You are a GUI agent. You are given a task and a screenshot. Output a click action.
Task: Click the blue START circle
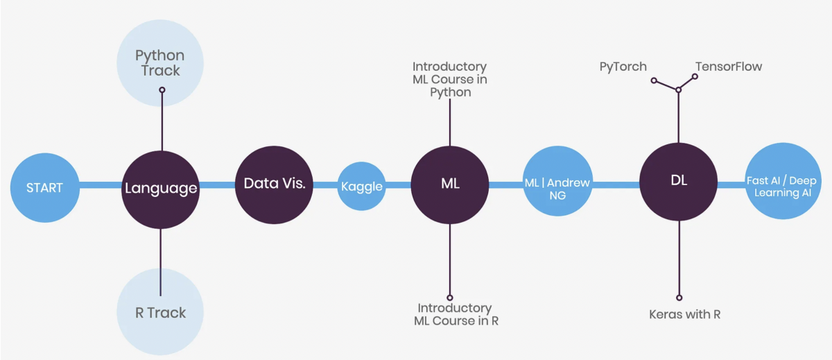[45, 187]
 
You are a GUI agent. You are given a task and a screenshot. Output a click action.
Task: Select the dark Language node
[160, 187]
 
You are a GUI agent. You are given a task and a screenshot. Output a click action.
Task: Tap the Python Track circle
[160, 62]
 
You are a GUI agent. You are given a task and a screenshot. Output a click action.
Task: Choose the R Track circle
[160, 312]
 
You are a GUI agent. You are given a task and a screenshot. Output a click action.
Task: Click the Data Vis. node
[275, 185]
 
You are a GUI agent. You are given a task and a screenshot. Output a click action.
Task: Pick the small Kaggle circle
[361, 186]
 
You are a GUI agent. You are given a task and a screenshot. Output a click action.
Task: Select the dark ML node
[450, 185]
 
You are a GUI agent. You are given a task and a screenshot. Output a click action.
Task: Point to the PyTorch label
[623, 67]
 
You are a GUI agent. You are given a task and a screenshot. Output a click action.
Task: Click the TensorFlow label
[728, 67]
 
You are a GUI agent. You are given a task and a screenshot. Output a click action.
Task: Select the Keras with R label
[684, 314]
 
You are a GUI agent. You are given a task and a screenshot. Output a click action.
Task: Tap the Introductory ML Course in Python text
[449, 79]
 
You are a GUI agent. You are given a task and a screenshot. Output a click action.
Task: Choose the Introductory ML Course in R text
[456, 314]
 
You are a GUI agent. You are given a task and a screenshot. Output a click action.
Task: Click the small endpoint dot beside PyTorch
[654, 80]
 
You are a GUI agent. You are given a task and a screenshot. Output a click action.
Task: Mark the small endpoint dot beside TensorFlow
[695, 76]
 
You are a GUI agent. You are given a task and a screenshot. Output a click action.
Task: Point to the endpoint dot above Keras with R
[679, 296]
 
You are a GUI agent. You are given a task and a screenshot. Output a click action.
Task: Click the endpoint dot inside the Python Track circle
[162, 89]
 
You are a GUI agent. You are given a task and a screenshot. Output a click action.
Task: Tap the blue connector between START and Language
[101, 186]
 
